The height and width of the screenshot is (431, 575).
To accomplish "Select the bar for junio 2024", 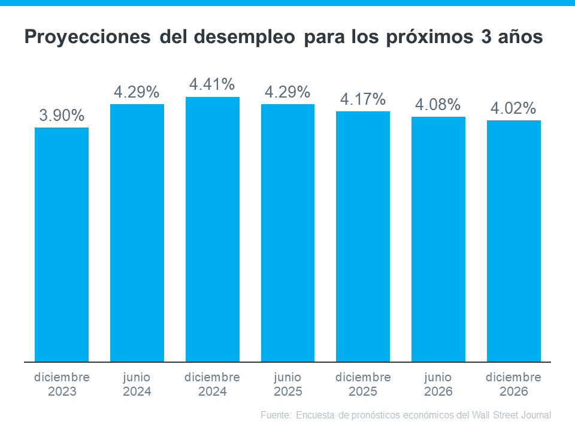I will point(137,233).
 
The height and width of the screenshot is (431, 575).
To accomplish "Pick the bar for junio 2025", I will point(287,233).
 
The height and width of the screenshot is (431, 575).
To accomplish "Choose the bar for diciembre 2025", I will point(363,236).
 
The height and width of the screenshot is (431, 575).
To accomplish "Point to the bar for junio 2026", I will point(438,239).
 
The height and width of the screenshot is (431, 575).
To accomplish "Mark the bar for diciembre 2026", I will point(514,241).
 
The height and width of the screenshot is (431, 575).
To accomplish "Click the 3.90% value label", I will point(62,116).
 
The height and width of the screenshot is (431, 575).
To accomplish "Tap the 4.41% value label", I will point(212,85).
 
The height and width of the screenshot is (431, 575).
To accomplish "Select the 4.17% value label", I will point(363,99).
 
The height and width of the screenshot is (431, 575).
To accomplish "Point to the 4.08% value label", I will point(438,105).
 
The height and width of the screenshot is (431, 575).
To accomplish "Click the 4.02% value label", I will point(513,108).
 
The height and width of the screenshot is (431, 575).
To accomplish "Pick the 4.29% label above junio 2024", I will point(137,92).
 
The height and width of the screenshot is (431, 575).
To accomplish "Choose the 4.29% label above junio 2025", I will point(287,92).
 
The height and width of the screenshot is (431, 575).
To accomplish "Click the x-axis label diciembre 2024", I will point(212,385).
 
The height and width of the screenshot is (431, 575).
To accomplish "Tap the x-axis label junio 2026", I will point(438,385).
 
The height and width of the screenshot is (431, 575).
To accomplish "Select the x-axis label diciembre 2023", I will point(62,385).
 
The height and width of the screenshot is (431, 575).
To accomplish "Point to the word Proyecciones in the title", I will point(87,38).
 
